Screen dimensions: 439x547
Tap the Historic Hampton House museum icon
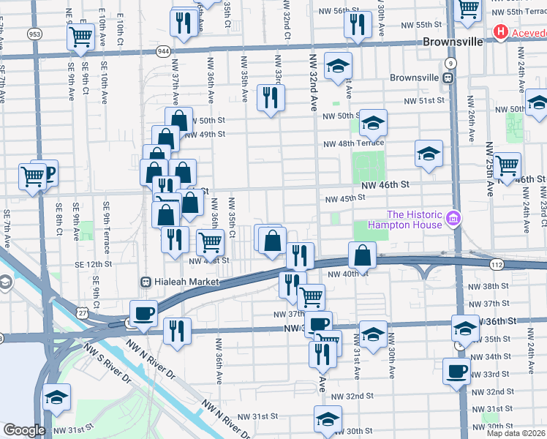click(x=453, y=219)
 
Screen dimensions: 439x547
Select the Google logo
click(x=24, y=430)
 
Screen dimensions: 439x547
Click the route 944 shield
click(x=164, y=51)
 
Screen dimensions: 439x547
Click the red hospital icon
click(x=502, y=31)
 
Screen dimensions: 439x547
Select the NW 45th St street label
click(x=344, y=198)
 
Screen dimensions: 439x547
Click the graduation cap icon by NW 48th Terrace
click(x=429, y=153)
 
